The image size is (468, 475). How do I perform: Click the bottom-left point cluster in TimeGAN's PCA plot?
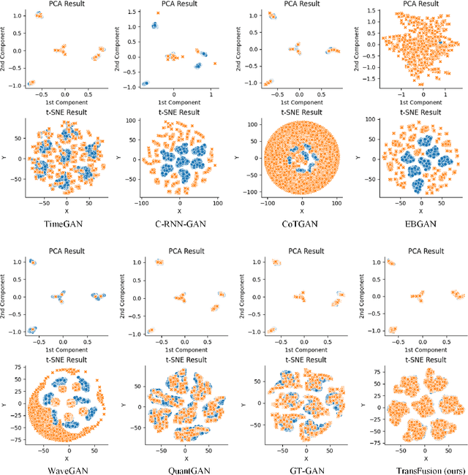[31, 83]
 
